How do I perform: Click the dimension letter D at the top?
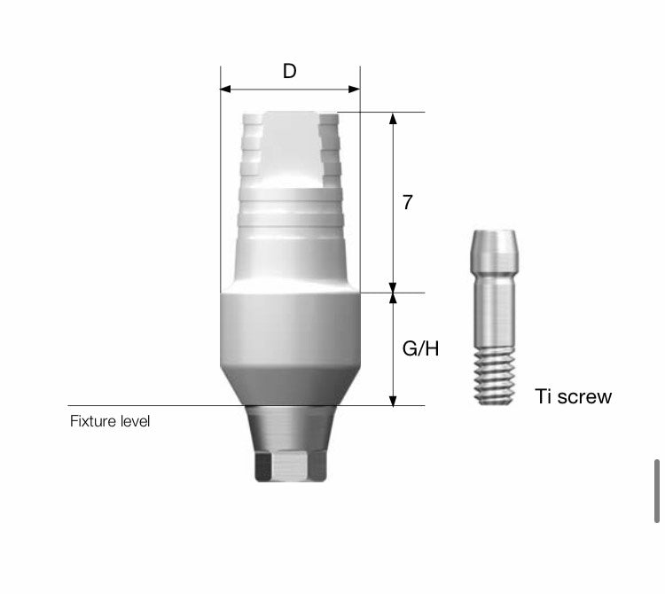click(290, 71)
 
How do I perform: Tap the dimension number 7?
click(407, 203)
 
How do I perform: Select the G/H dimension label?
click(420, 349)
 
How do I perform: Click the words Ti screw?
click(574, 397)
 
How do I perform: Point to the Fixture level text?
click(110, 421)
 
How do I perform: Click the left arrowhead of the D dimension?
click(225, 89)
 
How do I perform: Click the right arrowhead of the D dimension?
click(355, 89)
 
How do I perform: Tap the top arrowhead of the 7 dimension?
click(393, 118)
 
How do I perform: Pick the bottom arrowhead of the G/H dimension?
click(393, 401)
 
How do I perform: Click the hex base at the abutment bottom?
click(291, 466)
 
